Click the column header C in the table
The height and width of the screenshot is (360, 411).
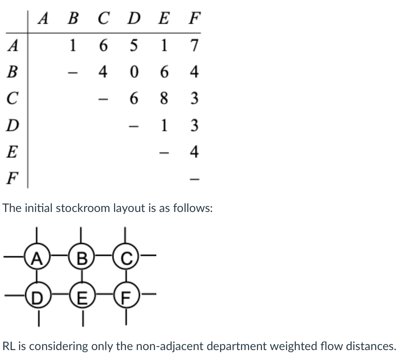coord(104,18)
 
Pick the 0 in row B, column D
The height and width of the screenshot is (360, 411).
coord(134,72)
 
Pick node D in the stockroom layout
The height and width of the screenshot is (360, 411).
coord(37,297)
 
